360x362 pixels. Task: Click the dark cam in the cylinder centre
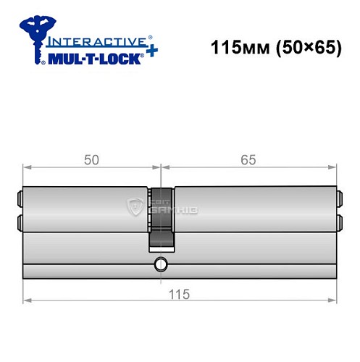click(162, 217)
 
